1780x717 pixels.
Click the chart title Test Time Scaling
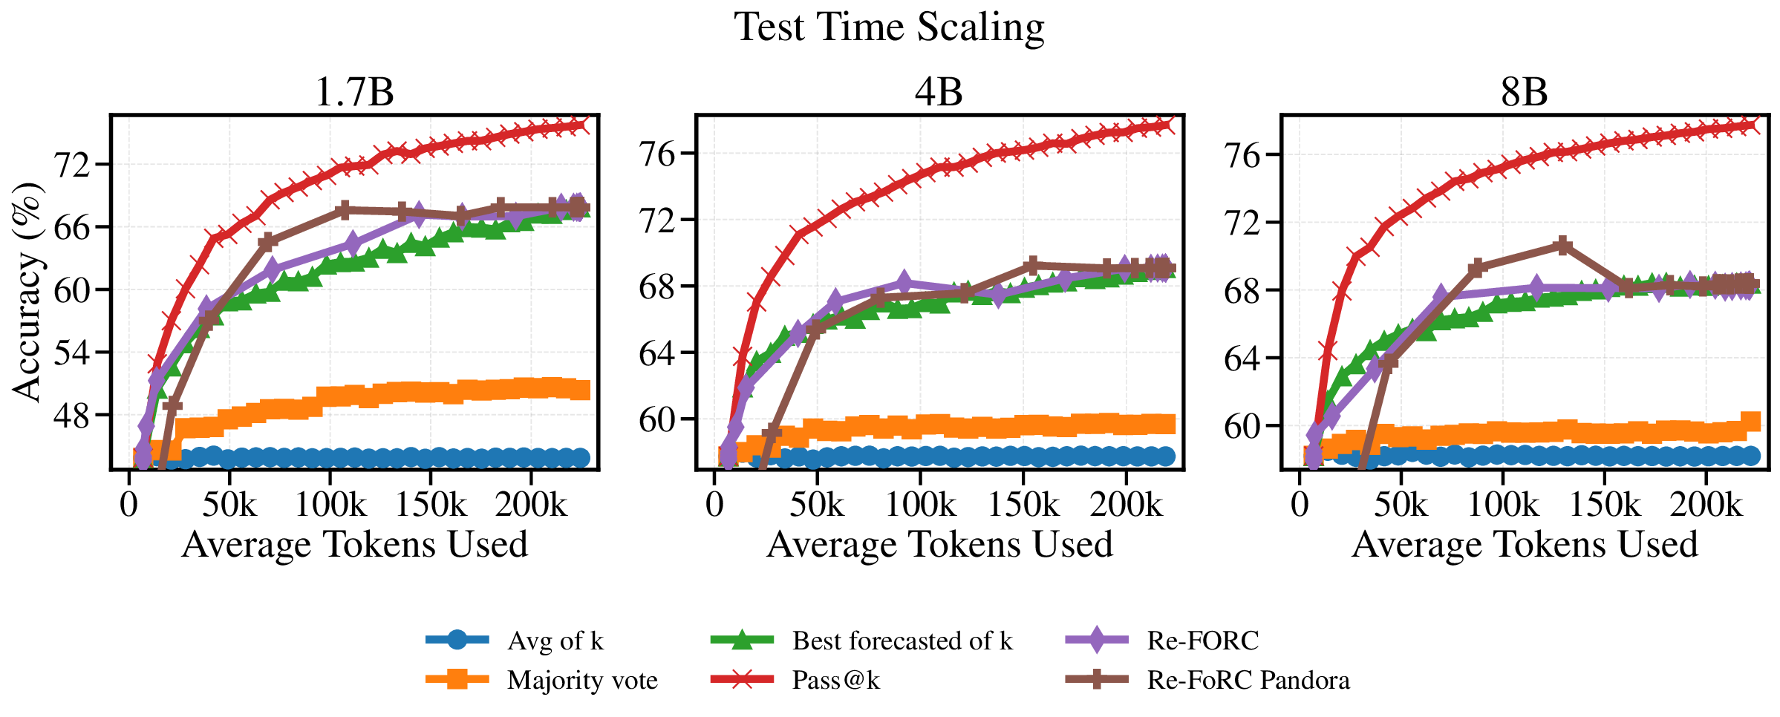click(x=889, y=27)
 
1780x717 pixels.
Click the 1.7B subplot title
click(x=354, y=93)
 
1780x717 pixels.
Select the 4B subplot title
click(x=939, y=93)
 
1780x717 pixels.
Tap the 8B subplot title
click(x=1524, y=93)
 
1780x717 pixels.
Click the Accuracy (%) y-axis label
click(x=28, y=292)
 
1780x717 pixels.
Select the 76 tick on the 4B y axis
click(x=656, y=154)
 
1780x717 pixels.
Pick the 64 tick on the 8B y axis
click(x=1242, y=358)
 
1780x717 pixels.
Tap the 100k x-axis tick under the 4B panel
click(x=920, y=505)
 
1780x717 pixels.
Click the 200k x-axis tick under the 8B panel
click(x=1705, y=505)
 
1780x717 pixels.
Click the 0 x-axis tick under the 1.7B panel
click(x=129, y=505)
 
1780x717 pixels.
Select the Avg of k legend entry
click(x=555, y=641)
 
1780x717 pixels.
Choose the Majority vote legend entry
click(x=581, y=680)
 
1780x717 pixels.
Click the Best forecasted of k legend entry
click(x=902, y=641)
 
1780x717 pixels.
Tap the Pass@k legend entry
click(x=835, y=680)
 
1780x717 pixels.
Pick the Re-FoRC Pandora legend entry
click(x=1248, y=680)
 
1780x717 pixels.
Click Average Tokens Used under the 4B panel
click(x=939, y=544)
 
